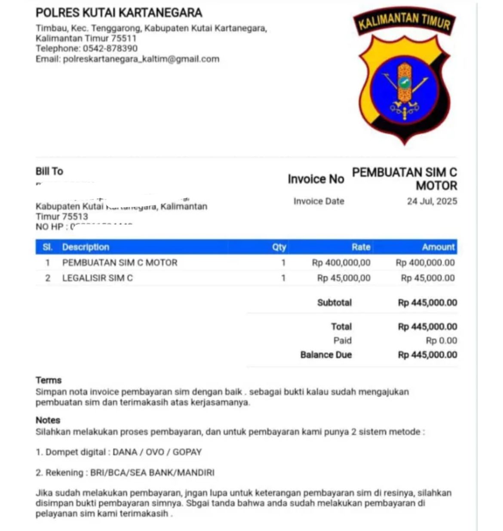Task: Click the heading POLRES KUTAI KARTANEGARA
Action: click(x=119, y=12)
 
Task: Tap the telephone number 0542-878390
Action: click(x=110, y=49)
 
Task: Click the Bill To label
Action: click(x=49, y=172)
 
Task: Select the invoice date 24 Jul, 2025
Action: click(x=432, y=201)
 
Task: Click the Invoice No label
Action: click(x=316, y=179)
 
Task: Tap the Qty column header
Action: click(x=279, y=247)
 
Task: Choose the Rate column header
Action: click(x=361, y=247)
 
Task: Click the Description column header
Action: click(x=86, y=247)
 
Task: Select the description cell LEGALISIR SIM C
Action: click(x=98, y=278)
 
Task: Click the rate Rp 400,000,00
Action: click(x=341, y=263)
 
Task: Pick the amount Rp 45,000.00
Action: click(x=427, y=278)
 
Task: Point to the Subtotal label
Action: click(x=334, y=303)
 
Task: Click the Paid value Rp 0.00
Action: click(x=441, y=341)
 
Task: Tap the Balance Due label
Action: click(x=326, y=355)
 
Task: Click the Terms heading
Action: click(x=49, y=381)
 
